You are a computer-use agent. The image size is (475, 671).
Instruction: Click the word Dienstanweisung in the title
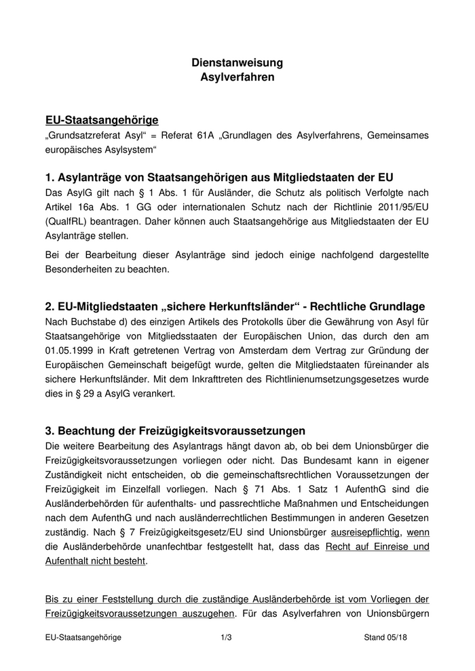[237, 63]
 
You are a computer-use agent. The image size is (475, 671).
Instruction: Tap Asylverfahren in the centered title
[237, 77]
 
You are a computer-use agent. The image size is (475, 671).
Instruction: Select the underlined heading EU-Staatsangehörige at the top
[102, 120]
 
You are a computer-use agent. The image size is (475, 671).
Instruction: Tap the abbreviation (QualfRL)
[69, 222]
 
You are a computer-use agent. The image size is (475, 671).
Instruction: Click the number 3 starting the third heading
[49, 431]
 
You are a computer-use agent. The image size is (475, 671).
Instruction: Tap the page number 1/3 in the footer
[227, 638]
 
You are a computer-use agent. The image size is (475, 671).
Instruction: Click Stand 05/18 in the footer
[385, 638]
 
